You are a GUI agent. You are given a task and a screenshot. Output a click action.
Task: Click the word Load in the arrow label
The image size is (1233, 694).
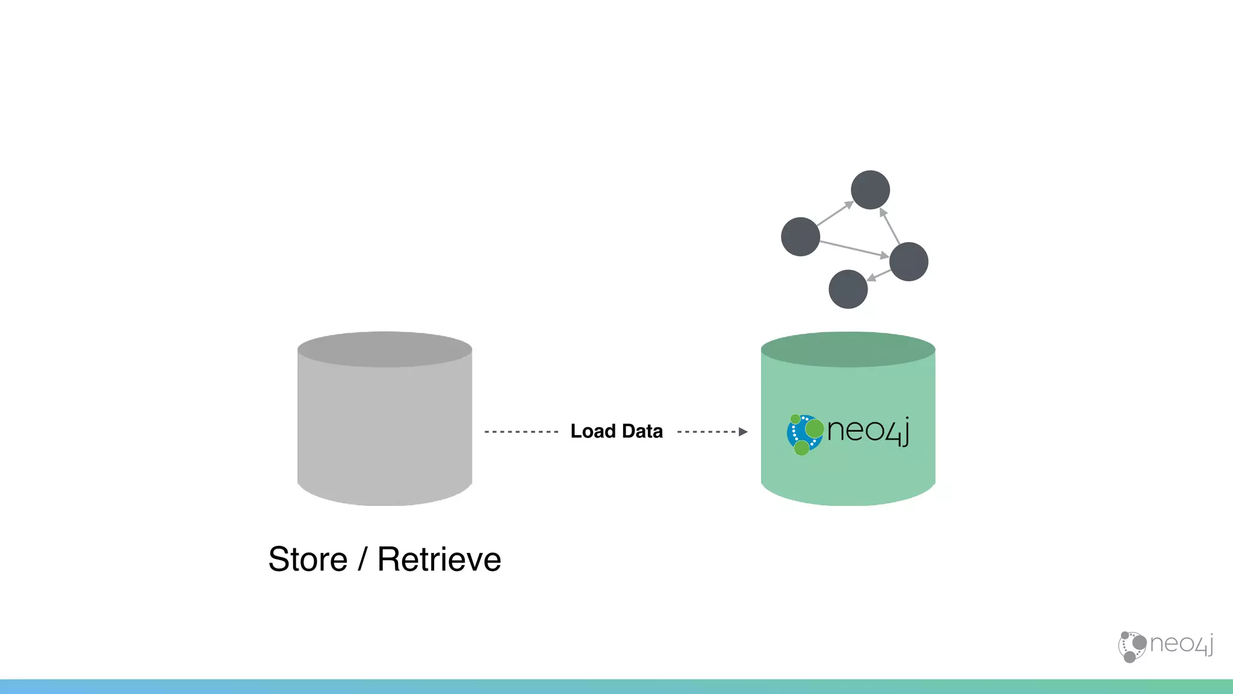pyautogui.click(x=593, y=431)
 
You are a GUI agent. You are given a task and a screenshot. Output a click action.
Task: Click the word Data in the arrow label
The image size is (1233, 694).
pyautogui.click(x=642, y=431)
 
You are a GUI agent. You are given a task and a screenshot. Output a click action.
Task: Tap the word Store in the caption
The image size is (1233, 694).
pyautogui.click(x=308, y=559)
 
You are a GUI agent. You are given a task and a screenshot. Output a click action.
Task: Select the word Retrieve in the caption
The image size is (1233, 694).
pyautogui.click(x=439, y=559)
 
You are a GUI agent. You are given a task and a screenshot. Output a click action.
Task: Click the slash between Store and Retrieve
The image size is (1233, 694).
pyautogui.click(x=362, y=559)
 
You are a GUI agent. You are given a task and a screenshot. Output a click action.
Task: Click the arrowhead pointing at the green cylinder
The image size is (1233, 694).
pyautogui.click(x=743, y=432)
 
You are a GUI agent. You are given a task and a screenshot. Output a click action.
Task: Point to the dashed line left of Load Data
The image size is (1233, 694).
pyautogui.click(x=521, y=432)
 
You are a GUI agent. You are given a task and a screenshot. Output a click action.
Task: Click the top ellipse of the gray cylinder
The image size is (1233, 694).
pyautogui.click(x=385, y=349)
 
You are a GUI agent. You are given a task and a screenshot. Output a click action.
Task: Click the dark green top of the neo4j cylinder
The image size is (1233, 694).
pyautogui.click(x=848, y=349)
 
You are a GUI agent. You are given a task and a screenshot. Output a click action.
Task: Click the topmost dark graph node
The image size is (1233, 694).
pyautogui.click(x=870, y=190)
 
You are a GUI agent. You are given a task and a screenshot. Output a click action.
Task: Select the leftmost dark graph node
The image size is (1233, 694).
pyautogui.click(x=800, y=237)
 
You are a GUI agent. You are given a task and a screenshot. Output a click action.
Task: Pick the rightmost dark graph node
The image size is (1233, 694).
pyautogui.click(x=908, y=261)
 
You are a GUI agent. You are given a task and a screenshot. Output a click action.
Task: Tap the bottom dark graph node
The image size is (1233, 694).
pyautogui.click(x=848, y=289)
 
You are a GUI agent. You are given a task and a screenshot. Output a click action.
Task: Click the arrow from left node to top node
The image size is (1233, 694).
pyautogui.click(x=835, y=214)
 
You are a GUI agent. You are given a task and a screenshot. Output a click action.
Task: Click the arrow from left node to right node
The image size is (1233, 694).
pyautogui.click(x=854, y=249)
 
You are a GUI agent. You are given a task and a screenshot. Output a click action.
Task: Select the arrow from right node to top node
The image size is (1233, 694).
pyautogui.click(x=890, y=226)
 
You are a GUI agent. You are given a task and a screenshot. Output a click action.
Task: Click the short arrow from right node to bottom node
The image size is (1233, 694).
pyautogui.click(x=879, y=275)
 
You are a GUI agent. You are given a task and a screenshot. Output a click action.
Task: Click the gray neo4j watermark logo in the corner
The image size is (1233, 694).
pyautogui.click(x=1166, y=646)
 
